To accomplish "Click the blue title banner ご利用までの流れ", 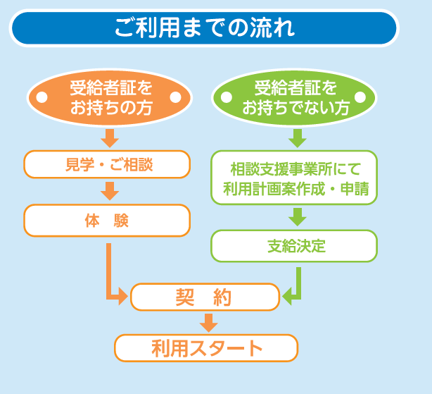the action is pyautogui.click(x=204, y=28).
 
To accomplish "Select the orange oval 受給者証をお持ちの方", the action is pyautogui.click(x=109, y=97).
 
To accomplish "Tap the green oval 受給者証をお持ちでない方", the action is pyautogui.click(x=294, y=97).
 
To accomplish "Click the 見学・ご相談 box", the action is pyautogui.click(x=107, y=164).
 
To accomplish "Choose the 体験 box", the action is pyautogui.click(x=107, y=221).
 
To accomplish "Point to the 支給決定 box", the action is pyautogui.click(x=294, y=246).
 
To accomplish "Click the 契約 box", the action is pyautogui.click(x=205, y=297).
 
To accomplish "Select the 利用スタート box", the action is pyautogui.click(x=206, y=348).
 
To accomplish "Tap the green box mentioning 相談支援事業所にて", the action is pyautogui.click(x=294, y=178).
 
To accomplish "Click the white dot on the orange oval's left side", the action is pyautogui.click(x=42, y=97).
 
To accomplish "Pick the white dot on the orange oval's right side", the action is pyautogui.click(x=175, y=97).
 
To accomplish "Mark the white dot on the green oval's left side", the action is pyautogui.click(x=227, y=97).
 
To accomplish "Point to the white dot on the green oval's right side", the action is pyautogui.click(x=360, y=97).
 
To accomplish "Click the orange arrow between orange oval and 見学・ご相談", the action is pyautogui.click(x=110, y=138).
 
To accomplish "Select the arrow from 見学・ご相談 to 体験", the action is pyautogui.click(x=110, y=191).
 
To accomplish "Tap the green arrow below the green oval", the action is pyautogui.click(x=298, y=138).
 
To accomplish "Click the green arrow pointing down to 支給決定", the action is pyautogui.click(x=298, y=217).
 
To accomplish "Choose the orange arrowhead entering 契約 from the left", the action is pyautogui.click(x=123, y=297).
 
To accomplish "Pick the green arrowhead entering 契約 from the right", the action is pyautogui.click(x=287, y=297).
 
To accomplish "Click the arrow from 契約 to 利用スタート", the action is pyautogui.click(x=209, y=323).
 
